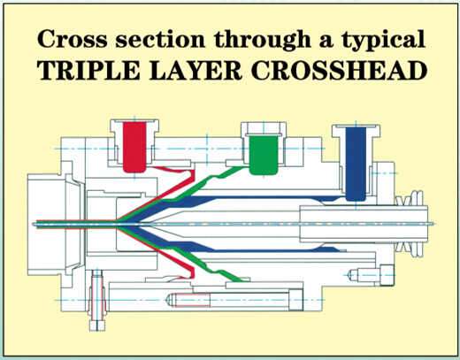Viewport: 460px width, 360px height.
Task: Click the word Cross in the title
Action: click(x=73, y=40)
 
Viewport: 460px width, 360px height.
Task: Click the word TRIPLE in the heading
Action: click(x=88, y=71)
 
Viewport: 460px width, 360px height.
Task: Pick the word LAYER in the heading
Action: click(x=195, y=71)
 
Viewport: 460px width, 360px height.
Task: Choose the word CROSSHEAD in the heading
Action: click(x=339, y=71)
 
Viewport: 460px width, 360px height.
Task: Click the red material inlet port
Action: click(x=134, y=147)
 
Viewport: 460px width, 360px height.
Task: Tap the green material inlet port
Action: click(x=264, y=155)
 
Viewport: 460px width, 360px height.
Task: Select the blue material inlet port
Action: click(x=356, y=164)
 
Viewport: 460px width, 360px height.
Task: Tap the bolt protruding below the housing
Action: click(x=97, y=300)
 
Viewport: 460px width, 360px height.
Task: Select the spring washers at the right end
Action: click(x=411, y=224)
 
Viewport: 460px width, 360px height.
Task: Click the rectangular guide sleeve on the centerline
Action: click(x=364, y=224)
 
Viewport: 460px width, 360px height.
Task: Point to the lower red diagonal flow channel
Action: click(x=165, y=255)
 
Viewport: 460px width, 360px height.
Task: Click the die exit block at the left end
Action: click(x=56, y=225)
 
